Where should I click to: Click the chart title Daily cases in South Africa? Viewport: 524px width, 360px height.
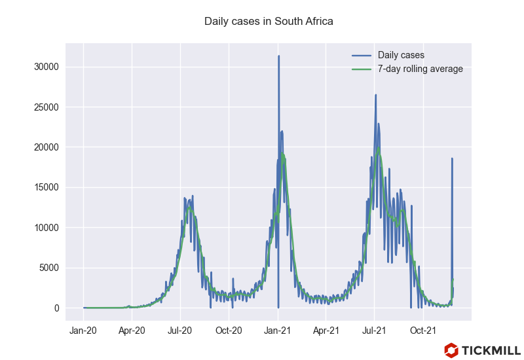[x=269, y=22]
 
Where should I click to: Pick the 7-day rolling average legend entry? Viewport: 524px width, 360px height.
[x=420, y=69]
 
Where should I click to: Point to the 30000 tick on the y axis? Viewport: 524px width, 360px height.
[x=47, y=67]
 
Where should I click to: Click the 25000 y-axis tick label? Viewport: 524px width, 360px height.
[x=47, y=107]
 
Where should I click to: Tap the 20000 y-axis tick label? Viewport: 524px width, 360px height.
[x=47, y=147]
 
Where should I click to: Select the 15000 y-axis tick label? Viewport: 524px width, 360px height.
[x=47, y=188]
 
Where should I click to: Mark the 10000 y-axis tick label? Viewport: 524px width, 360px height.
[x=47, y=228]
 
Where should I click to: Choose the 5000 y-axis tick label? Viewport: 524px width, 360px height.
[x=49, y=268]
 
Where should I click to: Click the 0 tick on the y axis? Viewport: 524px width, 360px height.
[x=57, y=308]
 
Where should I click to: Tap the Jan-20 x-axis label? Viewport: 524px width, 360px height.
[x=83, y=331]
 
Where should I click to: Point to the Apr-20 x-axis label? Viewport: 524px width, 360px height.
[x=132, y=331]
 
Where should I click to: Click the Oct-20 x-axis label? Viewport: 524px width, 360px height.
[x=229, y=331]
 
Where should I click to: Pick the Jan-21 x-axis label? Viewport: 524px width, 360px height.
[x=278, y=331]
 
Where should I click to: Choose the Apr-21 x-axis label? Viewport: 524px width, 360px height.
[x=326, y=331]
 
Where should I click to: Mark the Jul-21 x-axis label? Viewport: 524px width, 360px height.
[x=374, y=331]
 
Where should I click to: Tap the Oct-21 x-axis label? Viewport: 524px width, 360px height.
[x=423, y=331]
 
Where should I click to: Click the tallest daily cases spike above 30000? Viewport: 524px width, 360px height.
[x=278, y=57]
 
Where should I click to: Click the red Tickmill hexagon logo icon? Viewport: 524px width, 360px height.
[x=451, y=350]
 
